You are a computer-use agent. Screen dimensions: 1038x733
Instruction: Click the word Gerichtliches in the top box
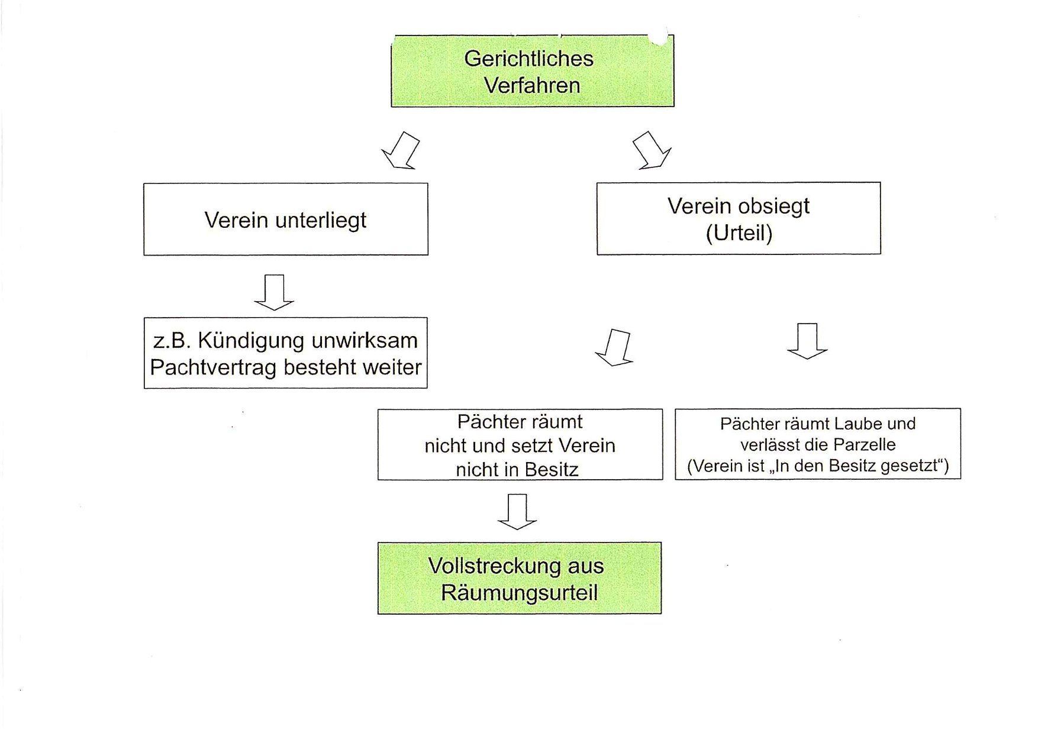[x=528, y=59]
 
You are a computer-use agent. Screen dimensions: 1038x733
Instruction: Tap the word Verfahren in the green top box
[x=532, y=85]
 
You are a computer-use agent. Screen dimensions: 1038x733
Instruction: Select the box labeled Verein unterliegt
[x=286, y=219]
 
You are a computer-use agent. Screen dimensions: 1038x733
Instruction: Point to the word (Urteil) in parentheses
[x=739, y=233]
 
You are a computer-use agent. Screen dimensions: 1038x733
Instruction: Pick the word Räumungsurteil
[x=519, y=593]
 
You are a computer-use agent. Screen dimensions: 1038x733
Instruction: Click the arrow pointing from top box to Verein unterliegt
[x=401, y=150]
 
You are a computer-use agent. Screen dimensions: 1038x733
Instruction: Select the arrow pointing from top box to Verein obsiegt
[x=652, y=150]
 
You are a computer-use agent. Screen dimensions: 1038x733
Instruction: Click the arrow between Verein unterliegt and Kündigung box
[x=274, y=292]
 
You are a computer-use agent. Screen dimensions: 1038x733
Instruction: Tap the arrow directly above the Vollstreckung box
[x=517, y=512]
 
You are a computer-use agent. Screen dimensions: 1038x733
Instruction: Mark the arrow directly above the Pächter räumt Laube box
[x=807, y=341]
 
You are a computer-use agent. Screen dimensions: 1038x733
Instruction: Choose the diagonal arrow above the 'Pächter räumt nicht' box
[x=615, y=348]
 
